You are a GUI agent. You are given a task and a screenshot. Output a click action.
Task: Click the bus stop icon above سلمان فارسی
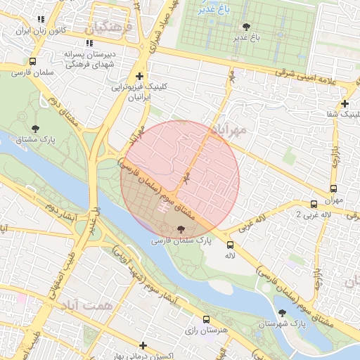(33, 60)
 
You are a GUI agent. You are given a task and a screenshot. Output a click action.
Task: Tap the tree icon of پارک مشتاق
(35, 128)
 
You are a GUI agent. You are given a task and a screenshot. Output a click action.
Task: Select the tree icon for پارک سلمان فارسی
(181, 229)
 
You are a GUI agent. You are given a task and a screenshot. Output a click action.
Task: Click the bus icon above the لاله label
(230, 245)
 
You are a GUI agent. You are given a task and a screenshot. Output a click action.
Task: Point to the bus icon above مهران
(333, 188)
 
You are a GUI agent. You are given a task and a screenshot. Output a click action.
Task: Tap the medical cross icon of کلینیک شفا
(345, 103)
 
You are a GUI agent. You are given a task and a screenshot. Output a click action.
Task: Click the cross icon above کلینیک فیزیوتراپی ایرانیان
(139, 76)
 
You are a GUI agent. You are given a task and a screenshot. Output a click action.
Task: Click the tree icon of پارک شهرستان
(283, 312)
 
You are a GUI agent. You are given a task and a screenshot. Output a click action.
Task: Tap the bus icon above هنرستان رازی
(206, 319)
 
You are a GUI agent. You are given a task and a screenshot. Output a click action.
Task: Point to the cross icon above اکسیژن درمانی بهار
(143, 345)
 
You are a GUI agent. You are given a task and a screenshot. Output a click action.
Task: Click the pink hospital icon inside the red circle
(163, 207)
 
